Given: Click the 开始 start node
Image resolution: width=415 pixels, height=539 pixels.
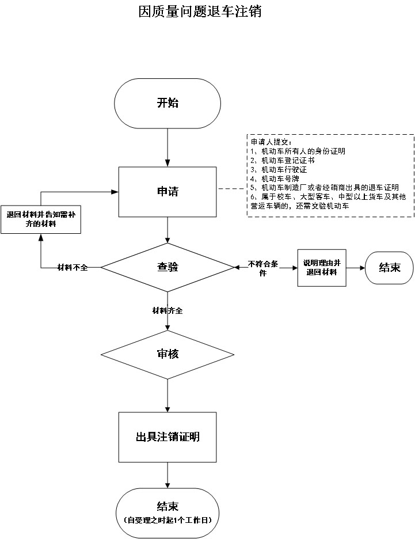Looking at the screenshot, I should coord(167,104).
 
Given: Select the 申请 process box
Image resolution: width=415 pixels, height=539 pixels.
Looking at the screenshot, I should coord(167,191).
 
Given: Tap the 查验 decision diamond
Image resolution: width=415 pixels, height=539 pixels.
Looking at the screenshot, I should coord(167,267).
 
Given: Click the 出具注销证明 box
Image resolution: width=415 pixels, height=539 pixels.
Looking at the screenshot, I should coord(167,437).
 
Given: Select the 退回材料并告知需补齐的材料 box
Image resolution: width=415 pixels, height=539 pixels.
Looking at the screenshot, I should coord(40,219).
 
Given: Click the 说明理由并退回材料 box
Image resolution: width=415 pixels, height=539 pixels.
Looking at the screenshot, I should coord(322,267).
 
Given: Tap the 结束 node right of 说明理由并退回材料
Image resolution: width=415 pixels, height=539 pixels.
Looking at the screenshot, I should coord(389,267).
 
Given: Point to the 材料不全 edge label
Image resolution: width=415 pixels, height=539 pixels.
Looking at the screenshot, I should coord(73,268).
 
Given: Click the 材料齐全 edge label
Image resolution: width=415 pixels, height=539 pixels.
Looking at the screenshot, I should coord(167,311).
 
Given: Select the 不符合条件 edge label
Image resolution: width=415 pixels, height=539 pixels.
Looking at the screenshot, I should coord(263,268).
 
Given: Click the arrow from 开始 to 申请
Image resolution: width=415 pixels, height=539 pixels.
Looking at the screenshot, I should coord(167,147).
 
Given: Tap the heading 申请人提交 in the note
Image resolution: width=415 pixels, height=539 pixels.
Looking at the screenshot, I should coord(271,142).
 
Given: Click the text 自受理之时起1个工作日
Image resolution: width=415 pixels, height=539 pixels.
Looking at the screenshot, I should coord(167,520).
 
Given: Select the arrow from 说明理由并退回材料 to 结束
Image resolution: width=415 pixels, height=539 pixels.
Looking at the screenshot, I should coord(356,267).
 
